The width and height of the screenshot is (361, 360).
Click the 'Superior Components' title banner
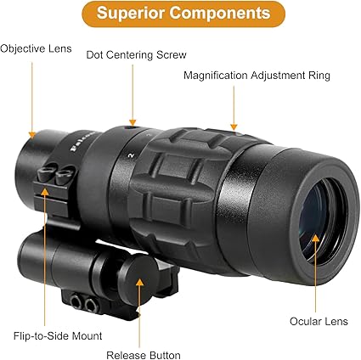point(183,14)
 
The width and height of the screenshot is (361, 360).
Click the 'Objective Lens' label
point(36,48)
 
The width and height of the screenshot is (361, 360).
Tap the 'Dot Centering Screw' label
point(136,54)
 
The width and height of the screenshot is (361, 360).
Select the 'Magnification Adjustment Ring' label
point(257,76)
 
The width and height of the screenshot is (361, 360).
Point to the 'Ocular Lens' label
point(319,322)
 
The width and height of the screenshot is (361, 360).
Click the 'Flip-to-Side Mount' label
point(58,336)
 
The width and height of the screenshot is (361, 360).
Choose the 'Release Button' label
point(144,355)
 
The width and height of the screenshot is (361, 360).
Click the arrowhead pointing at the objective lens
point(32,134)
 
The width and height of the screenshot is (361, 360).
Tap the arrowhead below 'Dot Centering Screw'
point(133,122)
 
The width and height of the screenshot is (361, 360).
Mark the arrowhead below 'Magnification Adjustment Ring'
point(234,127)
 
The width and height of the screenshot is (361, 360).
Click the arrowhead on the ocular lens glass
point(315,239)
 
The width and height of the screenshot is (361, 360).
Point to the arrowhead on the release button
point(139,282)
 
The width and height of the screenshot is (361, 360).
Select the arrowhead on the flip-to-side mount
point(44,192)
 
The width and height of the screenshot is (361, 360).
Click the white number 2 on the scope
point(131,155)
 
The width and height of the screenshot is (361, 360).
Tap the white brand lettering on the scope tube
point(82,141)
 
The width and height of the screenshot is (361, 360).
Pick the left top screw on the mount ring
point(45,172)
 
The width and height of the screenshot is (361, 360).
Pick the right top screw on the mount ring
point(65,174)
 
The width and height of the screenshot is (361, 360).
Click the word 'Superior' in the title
point(131,14)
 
